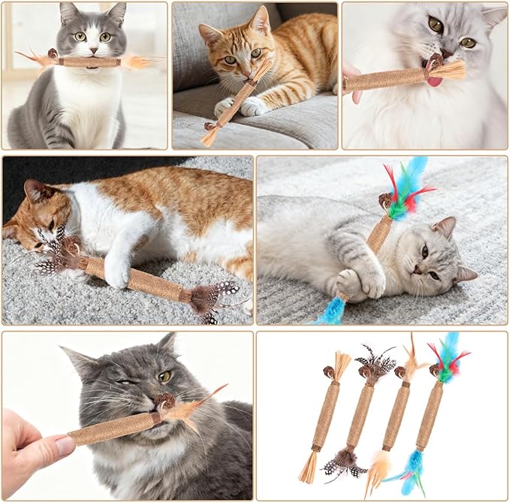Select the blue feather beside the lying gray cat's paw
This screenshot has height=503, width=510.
coord(330,312)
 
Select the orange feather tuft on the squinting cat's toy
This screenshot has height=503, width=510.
coord(184,410)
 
